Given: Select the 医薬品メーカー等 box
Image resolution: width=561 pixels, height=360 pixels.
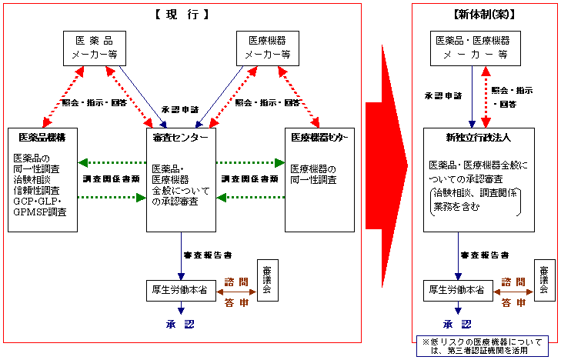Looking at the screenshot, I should (93, 48).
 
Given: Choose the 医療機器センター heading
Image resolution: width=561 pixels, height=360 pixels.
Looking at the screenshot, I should (319, 138).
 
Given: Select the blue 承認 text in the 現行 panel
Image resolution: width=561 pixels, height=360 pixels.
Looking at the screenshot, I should (180, 324).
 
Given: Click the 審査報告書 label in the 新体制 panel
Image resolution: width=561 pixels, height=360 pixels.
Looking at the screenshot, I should (484, 255).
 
